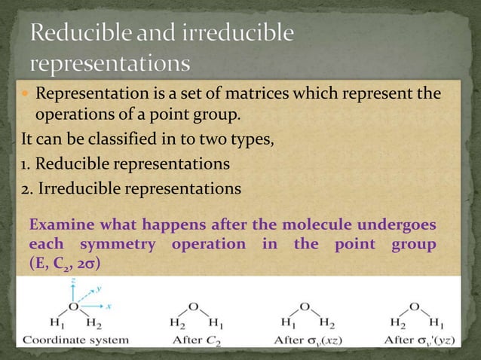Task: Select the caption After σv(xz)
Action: coord(310,340)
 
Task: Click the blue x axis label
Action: coord(109,306)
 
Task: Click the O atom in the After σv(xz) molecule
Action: coord(305,307)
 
